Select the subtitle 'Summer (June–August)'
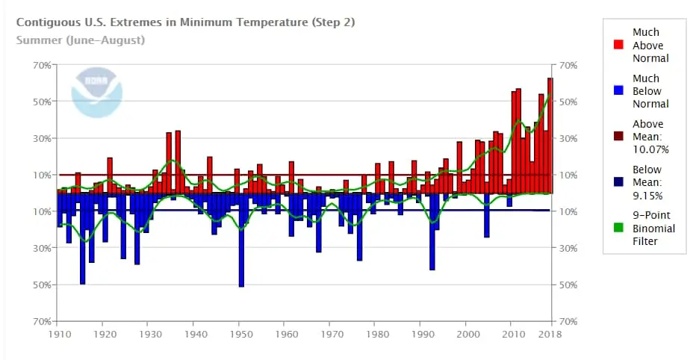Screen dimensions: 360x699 [x=81, y=40]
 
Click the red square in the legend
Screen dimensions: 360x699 [x=618, y=45]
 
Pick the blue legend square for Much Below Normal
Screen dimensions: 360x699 [x=618, y=91]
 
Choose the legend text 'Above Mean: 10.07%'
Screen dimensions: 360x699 [x=650, y=137]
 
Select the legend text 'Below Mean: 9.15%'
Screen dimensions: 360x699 [x=650, y=182]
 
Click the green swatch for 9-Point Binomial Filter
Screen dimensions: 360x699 [x=618, y=229]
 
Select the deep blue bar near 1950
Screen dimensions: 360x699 [x=241, y=239]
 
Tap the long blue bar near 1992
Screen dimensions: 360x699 [x=432, y=232]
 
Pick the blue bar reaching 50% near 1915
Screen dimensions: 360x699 [x=82, y=239]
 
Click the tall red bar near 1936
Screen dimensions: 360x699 [x=178, y=161]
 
